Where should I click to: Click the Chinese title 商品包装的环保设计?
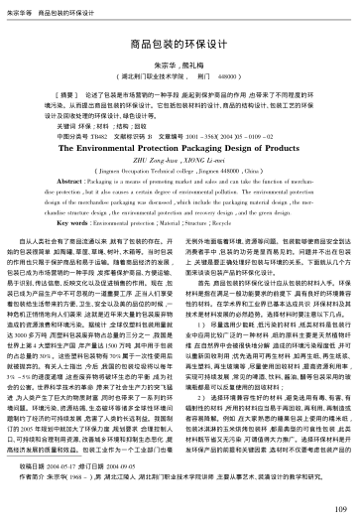(x=180, y=47)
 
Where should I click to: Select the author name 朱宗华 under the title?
(x=167, y=63)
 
